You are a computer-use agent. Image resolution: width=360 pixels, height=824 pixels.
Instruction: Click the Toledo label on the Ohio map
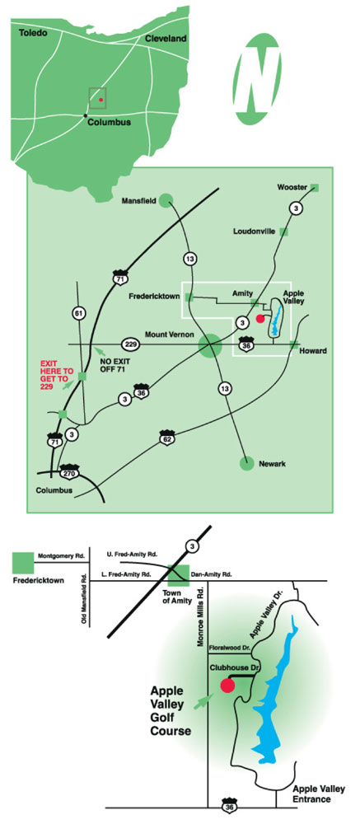click(33, 33)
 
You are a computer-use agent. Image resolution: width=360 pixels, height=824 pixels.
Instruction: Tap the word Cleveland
click(166, 39)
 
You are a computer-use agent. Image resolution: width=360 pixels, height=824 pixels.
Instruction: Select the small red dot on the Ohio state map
click(101, 100)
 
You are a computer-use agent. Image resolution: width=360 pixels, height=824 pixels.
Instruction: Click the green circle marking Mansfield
click(166, 200)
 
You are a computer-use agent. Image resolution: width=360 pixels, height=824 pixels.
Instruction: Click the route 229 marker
click(131, 344)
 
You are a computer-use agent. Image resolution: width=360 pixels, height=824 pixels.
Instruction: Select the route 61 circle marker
click(78, 314)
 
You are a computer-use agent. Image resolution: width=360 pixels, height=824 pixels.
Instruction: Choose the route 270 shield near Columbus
click(70, 471)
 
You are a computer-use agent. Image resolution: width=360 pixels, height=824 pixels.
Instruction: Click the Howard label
click(314, 351)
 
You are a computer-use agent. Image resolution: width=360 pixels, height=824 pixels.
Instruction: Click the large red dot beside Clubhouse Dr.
click(227, 686)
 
